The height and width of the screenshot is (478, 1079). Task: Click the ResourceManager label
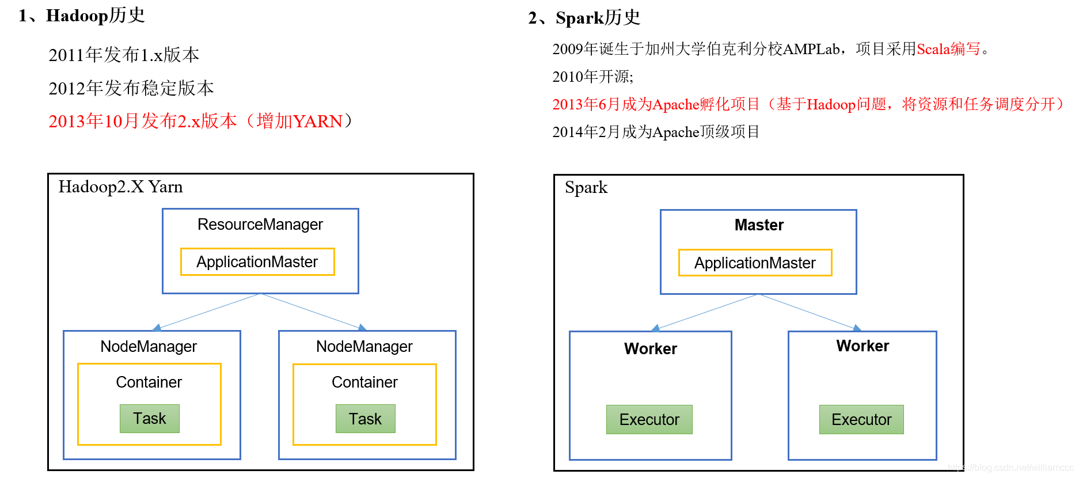[x=260, y=225]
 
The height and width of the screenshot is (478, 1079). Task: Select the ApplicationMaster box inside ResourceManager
[x=257, y=262]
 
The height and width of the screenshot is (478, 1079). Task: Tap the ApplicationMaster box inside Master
[x=755, y=263]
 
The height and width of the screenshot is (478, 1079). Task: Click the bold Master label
[x=759, y=225]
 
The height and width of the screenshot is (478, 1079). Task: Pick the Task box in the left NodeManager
[x=150, y=419]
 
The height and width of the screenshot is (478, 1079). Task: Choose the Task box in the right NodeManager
[x=366, y=419]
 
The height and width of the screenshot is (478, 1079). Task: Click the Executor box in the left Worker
[x=649, y=420]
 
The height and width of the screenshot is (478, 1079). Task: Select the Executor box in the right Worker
[x=861, y=420]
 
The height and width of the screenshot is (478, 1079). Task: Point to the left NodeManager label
[x=149, y=347]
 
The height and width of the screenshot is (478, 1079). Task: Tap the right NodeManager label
[x=364, y=347]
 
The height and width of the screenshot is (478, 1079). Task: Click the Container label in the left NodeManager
[x=149, y=382]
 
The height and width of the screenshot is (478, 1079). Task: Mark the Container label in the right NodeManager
[x=364, y=382]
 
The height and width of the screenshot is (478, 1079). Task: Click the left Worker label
[x=651, y=349]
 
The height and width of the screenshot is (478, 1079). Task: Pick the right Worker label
[x=863, y=346]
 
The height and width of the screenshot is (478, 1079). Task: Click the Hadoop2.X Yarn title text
[x=120, y=187]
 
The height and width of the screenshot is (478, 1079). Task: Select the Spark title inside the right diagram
[x=586, y=188]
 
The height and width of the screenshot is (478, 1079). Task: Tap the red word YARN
[x=318, y=122]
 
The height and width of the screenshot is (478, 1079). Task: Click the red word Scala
[x=933, y=50]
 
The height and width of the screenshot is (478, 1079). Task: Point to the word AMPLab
[x=811, y=50]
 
